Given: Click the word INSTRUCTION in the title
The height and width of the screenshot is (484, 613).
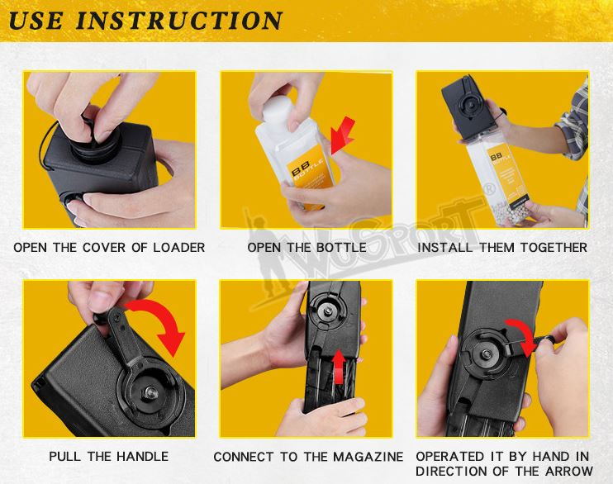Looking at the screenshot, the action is coord(178,21).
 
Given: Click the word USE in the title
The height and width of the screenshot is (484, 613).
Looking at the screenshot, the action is coord(36,21).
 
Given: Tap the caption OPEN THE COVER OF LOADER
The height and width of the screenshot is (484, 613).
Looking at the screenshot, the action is coord(109,248).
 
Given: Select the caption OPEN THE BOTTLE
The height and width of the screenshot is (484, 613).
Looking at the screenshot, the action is coord(306,248).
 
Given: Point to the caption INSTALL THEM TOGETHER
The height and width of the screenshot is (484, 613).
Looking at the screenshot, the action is coord(502,248).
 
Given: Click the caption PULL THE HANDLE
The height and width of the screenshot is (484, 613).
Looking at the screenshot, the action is coord(109,456).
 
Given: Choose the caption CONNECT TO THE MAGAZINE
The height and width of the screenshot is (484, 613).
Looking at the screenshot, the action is coord(308,457).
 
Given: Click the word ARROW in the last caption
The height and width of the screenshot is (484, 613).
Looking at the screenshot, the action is coord(568,471).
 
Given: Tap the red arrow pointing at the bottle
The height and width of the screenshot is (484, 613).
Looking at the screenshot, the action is coord(342,135).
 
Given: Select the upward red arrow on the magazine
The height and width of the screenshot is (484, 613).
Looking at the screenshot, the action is coord(339,367).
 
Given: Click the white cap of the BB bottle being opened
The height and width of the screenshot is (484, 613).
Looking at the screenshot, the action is coord(278,110).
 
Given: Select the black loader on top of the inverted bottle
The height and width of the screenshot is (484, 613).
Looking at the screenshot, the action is coord(468,106).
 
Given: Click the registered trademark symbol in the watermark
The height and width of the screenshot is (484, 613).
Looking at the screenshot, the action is coord(489,189).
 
